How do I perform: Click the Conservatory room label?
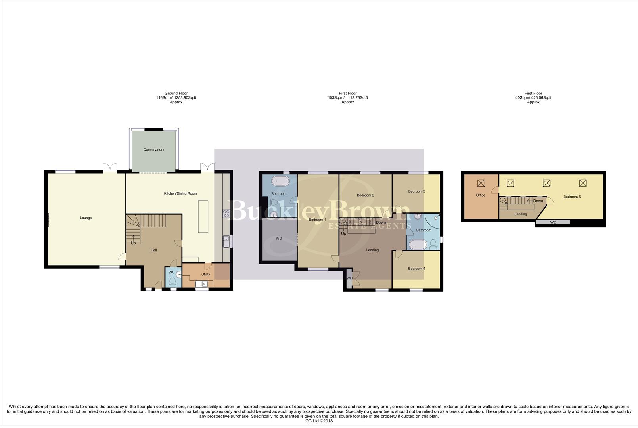[x=153, y=150]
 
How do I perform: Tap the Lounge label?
[x=86, y=218]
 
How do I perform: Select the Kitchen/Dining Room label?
[x=180, y=194]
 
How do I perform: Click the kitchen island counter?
[x=203, y=217]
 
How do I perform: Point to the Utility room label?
[x=205, y=275]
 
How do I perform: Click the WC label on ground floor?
[x=171, y=273]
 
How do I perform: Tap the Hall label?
[x=154, y=250]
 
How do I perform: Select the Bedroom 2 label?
[x=365, y=195]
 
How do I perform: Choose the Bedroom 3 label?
[x=417, y=192]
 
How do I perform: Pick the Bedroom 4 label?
[x=416, y=269]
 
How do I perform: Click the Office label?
[x=481, y=195]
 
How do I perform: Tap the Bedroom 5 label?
[x=572, y=197]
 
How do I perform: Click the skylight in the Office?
[x=481, y=183]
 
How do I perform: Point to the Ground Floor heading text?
[x=176, y=94]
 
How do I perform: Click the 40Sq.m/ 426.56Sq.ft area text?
[x=533, y=98]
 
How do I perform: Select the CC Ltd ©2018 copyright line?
[x=319, y=421]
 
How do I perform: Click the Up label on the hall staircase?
[x=133, y=243]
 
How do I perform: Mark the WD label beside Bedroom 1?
[x=279, y=239]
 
